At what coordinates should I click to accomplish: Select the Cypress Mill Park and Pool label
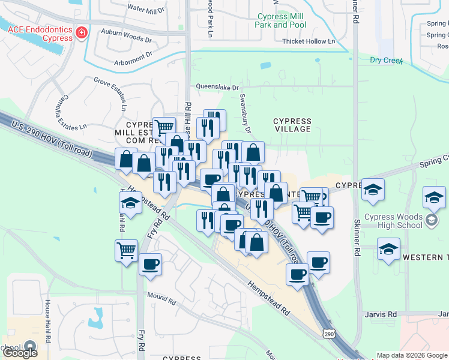click(280, 21)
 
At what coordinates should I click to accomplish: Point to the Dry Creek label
click(384, 60)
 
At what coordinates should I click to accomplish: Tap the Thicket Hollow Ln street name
click(309, 41)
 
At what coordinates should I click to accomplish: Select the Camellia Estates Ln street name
click(73, 112)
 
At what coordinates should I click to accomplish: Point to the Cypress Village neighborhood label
click(292, 125)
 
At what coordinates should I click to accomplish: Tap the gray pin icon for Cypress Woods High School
click(432, 221)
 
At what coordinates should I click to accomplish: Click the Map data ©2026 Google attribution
click(411, 355)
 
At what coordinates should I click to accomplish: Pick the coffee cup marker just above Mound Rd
click(150, 264)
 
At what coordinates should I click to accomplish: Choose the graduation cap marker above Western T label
click(388, 248)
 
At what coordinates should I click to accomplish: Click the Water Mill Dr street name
click(146, 10)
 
